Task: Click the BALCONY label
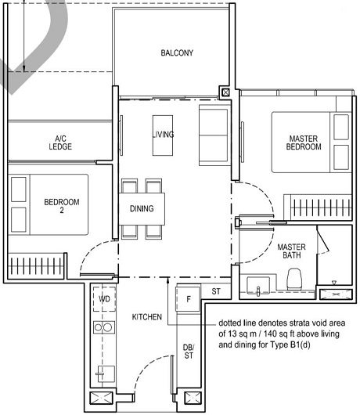click(x=176, y=53)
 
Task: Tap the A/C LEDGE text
click(x=60, y=142)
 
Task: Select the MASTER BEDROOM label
click(x=304, y=143)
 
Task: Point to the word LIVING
click(x=163, y=135)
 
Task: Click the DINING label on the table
click(x=142, y=209)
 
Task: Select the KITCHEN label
click(x=146, y=317)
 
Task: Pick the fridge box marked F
click(x=188, y=299)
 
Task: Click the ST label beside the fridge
click(x=216, y=292)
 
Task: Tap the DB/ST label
click(x=187, y=352)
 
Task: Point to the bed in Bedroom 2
click(x=47, y=205)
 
